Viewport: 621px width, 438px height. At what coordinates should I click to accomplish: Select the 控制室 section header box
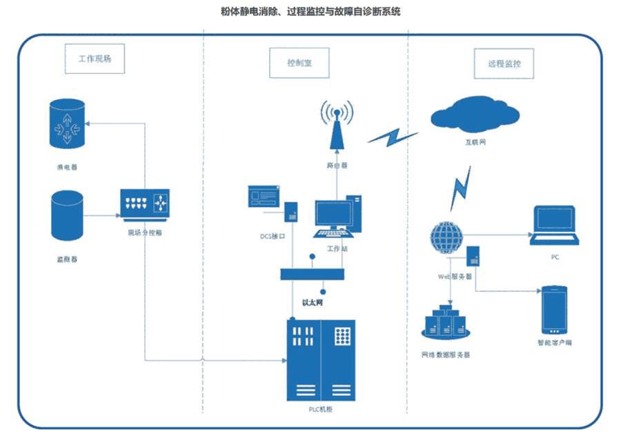point(299,63)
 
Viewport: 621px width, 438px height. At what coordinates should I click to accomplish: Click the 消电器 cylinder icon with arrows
point(68,124)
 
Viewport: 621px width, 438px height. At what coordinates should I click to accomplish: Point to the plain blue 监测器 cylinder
point(68,216)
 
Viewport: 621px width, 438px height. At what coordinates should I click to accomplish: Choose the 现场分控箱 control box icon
point(145,205)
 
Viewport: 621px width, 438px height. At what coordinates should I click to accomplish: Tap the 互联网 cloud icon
point(475,114)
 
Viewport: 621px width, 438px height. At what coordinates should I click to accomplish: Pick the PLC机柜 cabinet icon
point(321,360)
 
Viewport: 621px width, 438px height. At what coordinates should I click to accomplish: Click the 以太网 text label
point(313,301)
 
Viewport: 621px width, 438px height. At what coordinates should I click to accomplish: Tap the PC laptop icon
point(554,226)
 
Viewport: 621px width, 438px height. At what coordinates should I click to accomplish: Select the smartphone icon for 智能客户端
point(555,309)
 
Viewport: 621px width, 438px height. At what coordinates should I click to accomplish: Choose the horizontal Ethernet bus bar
point(312,274)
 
